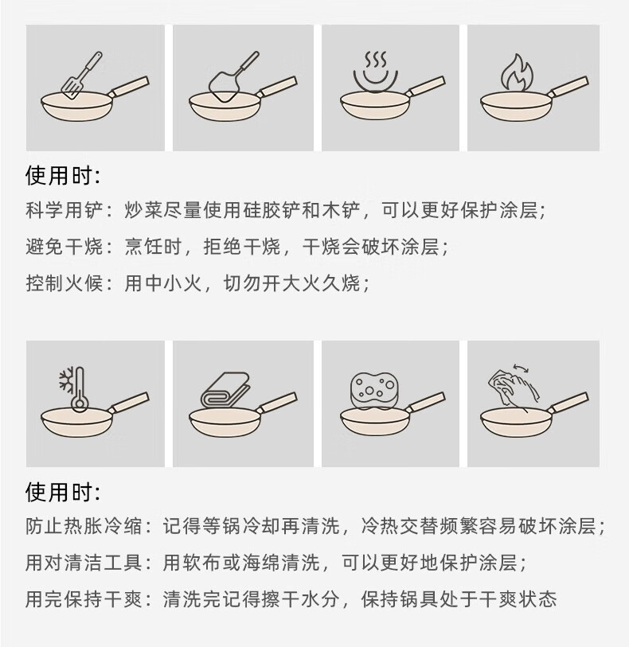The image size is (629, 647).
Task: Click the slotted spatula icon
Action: [81, 76]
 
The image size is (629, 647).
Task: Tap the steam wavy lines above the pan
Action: [376, 60]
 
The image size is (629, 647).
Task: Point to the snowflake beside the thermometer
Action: [66, 379]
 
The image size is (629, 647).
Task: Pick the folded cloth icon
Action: [226, 389]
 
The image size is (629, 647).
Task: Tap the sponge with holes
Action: [373, 390]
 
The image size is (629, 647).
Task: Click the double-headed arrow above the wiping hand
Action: [521, 368]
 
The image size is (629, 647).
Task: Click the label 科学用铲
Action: [64, 210]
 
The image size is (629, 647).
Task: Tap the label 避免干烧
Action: [64, 247]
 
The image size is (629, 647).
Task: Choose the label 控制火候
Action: [64, 283]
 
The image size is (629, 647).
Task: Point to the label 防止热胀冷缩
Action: [84, 526]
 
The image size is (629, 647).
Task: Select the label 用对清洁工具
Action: [84, 563]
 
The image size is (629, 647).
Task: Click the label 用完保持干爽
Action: [84, 599]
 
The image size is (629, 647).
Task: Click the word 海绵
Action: [262, 563]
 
